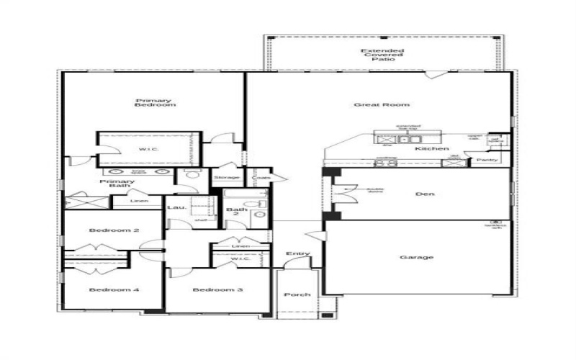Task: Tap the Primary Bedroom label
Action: click(155, 103)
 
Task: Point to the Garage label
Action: click(416, 257)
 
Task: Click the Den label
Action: click(423, 194)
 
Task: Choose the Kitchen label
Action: click(432, 149)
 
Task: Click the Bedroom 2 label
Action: click(114, 230)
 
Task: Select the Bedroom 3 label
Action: click(217, 289)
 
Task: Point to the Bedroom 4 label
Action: click(114, 289)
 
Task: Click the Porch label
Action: click(296, 294)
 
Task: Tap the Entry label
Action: click(297, 253)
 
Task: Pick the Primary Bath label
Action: click(117, 184)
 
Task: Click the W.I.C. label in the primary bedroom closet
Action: click(149, 150)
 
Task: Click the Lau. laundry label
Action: click(177, 207)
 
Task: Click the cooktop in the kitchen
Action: click(386, 163)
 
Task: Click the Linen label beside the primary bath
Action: click(140, 201)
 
